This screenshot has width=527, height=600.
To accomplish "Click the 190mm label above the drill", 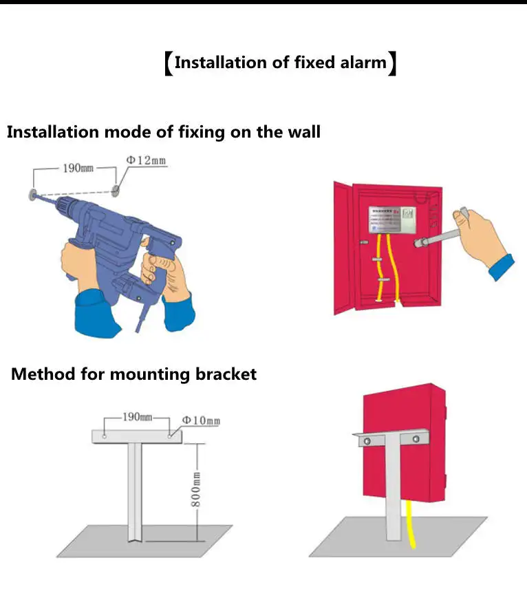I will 78,168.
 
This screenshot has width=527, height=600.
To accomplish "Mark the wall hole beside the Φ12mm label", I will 115,190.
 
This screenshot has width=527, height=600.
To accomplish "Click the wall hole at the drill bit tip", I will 32,195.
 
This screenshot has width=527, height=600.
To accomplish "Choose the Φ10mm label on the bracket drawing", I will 201,420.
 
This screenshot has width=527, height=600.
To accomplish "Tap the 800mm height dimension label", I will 195,489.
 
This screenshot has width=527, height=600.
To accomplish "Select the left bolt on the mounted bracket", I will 367,441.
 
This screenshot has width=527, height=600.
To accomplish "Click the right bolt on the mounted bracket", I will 415,438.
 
